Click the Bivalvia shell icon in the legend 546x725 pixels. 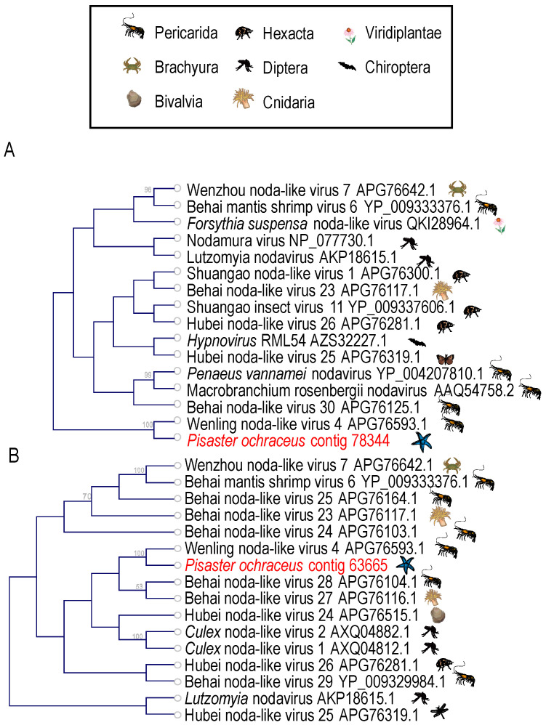(135, 100)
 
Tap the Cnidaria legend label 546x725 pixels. (289, 102)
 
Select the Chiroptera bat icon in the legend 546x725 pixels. (347, 67)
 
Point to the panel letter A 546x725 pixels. (9, 150)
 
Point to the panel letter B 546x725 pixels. (13, 455)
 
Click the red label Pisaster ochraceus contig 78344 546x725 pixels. (289, 441)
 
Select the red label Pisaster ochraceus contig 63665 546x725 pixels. (286, 565)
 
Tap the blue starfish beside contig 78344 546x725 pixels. (422, 442)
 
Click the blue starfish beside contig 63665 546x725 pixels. (406, 564)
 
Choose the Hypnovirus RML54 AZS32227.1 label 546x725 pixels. (287, 341)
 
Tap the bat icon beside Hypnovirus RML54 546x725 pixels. (417, 343)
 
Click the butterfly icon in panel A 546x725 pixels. (446, 359)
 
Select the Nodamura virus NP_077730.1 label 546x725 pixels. (280, 241)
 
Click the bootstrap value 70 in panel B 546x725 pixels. (87, 497)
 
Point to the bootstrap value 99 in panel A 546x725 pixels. (148, 375)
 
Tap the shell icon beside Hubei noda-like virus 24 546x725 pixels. (437, 615)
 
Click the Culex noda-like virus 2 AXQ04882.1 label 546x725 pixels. (297, 631)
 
